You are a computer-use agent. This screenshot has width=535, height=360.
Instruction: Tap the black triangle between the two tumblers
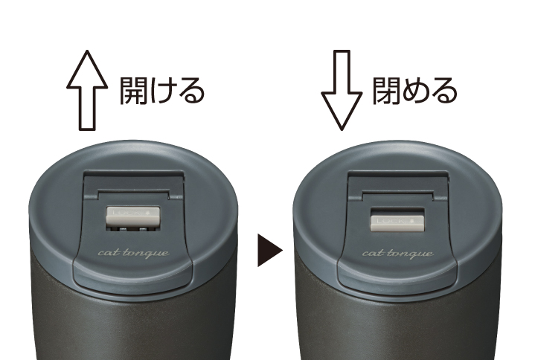269,251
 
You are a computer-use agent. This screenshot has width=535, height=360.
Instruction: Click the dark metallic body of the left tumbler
112,320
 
